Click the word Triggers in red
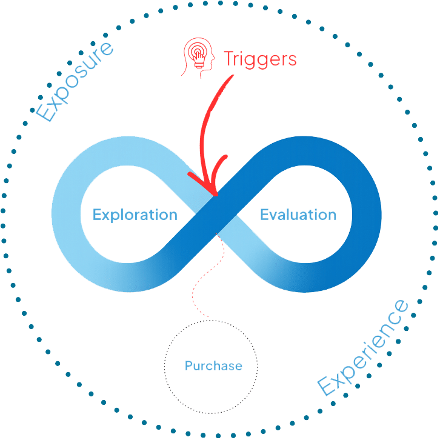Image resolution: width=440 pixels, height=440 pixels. click(x=260, y=59)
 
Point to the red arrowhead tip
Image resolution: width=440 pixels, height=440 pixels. click(x=216, y=196)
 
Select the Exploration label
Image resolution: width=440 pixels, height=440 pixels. click(x=135, y=215)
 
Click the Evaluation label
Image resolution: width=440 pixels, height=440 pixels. click(x=298, y=215)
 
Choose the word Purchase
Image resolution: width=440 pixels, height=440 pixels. click(x=213, y=366)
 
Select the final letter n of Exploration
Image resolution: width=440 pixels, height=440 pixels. click(x=173, y=215)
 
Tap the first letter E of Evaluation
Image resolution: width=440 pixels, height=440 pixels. click(x=264, y=215)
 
